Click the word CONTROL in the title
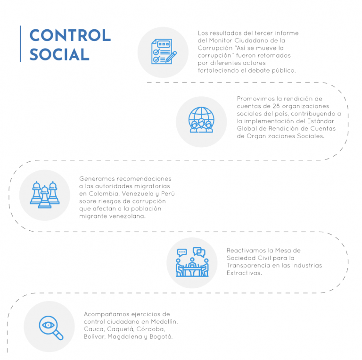click(70, 35)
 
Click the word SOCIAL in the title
click(59, 55)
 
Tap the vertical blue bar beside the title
click(21, 44)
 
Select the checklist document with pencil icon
click(164, 51)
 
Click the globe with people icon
click(201, 120)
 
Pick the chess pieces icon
click(45, 194)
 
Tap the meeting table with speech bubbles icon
click(192, 262)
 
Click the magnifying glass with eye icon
click(51, 327)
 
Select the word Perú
click(168, 193)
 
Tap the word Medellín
click(164, 321)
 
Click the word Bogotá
click(161, 336)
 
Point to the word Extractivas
click(244, 273)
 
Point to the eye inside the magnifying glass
click(48, 325)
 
